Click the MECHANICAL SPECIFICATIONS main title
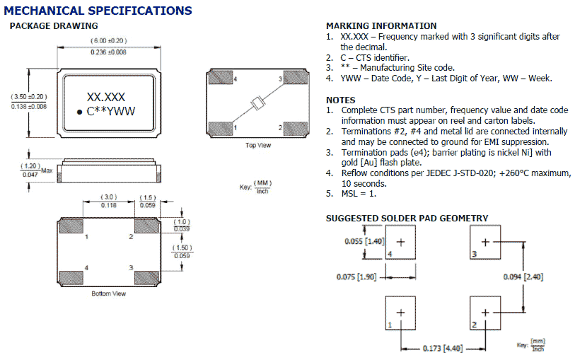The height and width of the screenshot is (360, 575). (x=98, y=11)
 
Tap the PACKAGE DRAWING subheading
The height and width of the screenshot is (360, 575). (x=53, y=26)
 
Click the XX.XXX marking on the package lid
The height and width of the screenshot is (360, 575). (x=106, y=98)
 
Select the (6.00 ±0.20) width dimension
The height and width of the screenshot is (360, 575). (x=108, y=40)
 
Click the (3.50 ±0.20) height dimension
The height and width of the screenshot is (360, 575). (x=29, y=95)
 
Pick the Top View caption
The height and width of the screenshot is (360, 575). (x=259, y=145)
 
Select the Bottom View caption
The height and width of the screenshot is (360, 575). (x=109, y=293)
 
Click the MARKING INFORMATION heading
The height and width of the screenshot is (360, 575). (x=381, y=26)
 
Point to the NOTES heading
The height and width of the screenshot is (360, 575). (x=341, y=100)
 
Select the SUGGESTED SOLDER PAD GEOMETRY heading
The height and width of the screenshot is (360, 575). (x=407, y=218)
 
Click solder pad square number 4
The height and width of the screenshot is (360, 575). (x=401, y=242)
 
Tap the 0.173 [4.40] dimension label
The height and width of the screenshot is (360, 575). (x=443, y=349)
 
